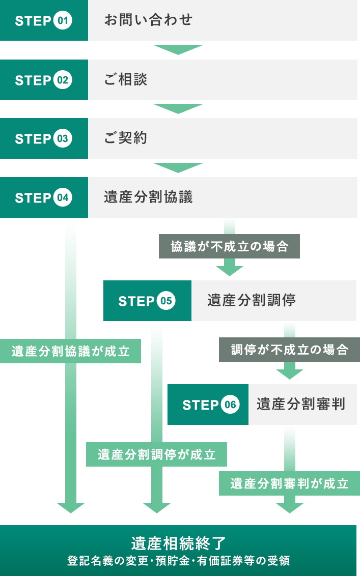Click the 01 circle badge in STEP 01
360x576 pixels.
63,21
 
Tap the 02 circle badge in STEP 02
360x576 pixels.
63,80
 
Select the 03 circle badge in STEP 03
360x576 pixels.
63,139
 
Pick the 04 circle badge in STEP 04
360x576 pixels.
63,197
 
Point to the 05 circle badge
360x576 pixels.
166,301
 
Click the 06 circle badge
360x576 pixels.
230,405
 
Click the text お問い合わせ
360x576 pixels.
148,20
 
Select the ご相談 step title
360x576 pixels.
126,80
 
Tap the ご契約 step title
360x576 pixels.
126,138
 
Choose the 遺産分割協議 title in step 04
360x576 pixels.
148,197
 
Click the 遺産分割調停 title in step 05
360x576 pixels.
252,301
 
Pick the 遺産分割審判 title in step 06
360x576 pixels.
301,405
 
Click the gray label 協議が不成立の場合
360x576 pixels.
229,247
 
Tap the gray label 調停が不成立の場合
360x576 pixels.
289,350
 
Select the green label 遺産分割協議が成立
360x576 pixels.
70,351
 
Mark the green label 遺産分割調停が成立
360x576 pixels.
156,454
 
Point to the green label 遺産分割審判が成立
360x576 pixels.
289,483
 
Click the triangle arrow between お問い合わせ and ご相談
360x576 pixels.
178,49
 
